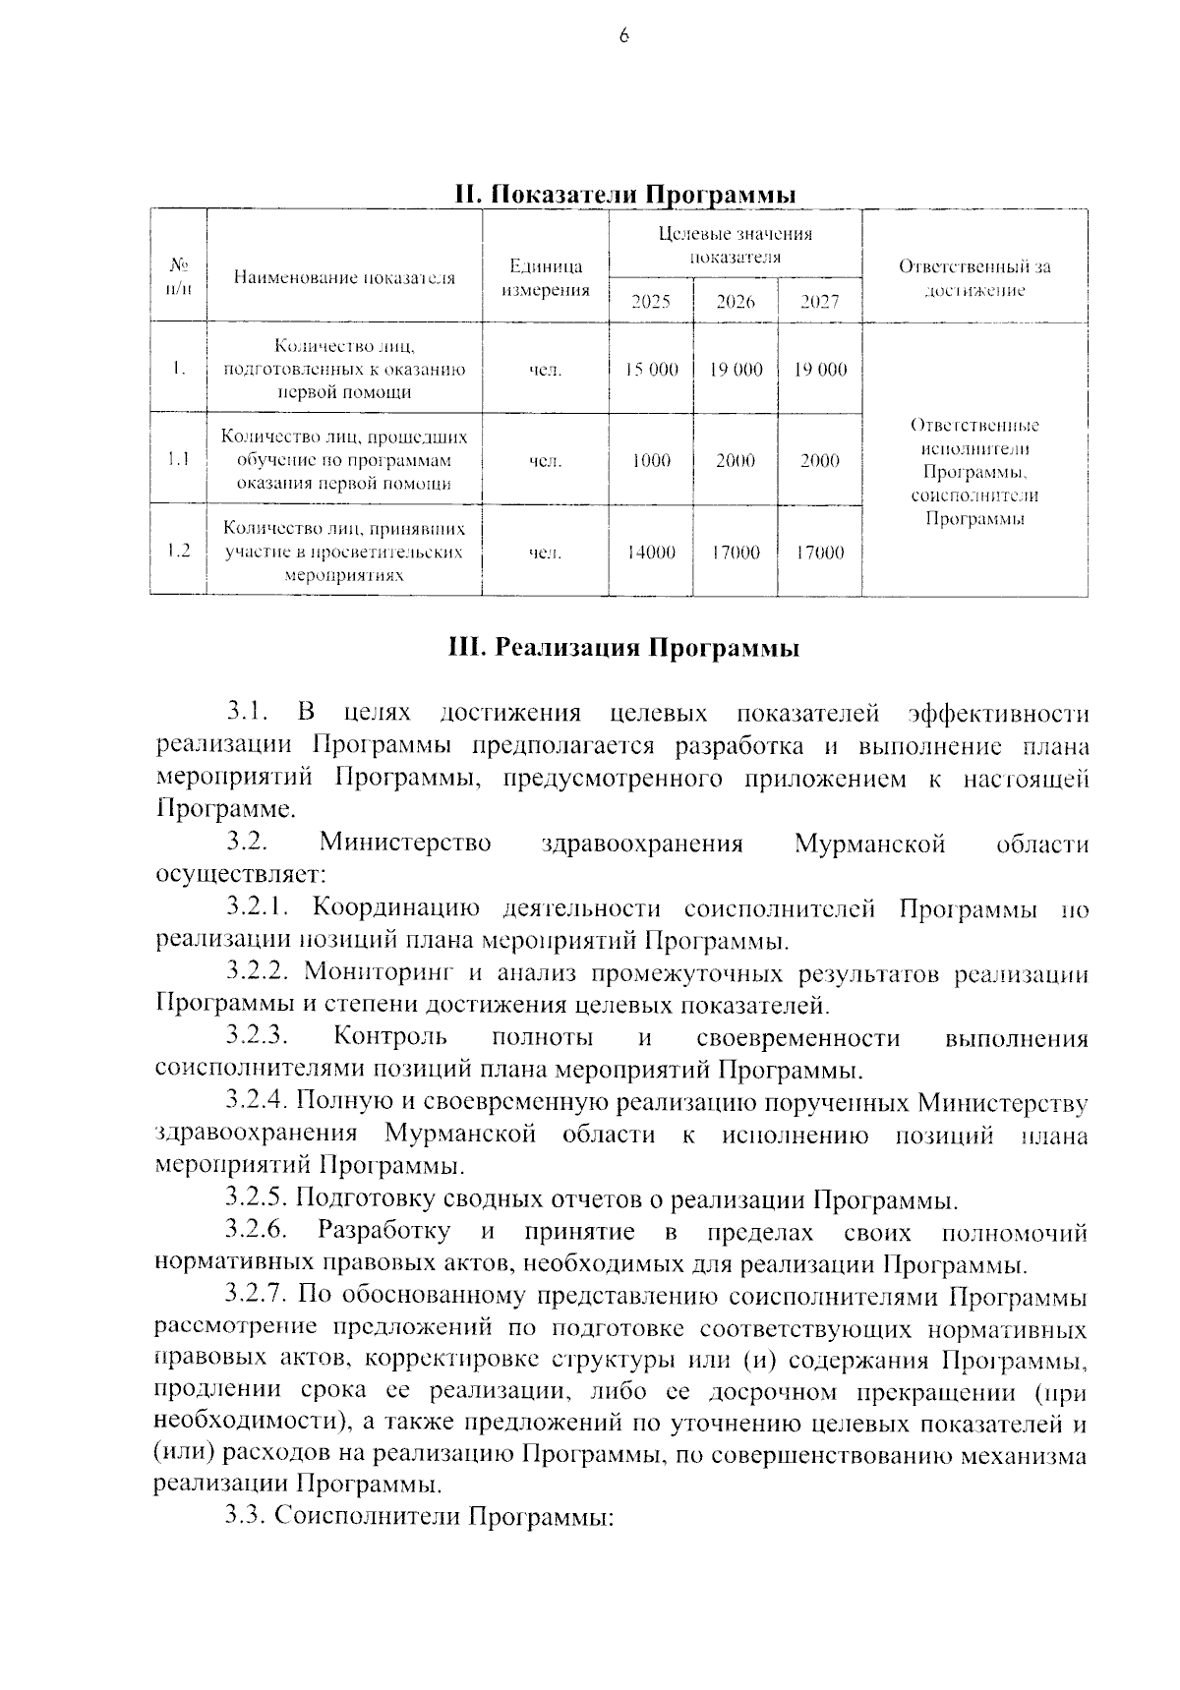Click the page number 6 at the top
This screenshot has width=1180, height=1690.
pyautogui.click(x=622, y=36)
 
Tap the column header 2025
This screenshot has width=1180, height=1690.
pyautogui.click(x=650, y=302)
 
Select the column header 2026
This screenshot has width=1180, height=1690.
pyautogui.click(x=735, y=302)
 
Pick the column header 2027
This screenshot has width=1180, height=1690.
pyautogui.click(x=819, y=302)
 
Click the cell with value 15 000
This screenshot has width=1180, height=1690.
pyautogui.click(x=651, y=370)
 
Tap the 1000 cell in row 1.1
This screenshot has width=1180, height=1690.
pyautogui.click(x=651, y=460)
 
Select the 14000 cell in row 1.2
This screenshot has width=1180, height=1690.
pyautogui.click(x=651, y=553)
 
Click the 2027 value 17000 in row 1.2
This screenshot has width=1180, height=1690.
pyautogui.click(x=819, y=553)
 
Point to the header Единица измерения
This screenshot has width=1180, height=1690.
pyautogui.click(x=546, y=278)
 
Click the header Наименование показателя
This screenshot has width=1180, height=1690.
pyautogui.click(x=345, y=277)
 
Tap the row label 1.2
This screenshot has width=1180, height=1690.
pyautogui.click(x=178, y=551)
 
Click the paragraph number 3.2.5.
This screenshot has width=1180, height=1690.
pyautogui.click(x=256, y=1199)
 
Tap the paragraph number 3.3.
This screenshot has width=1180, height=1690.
pyautogui.click(x=245, y=1515)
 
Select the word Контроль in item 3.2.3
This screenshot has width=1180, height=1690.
pyautogui.click(x=390, y=1037)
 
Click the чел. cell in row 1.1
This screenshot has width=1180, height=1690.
pyautogui.click(x=546, y=460)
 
